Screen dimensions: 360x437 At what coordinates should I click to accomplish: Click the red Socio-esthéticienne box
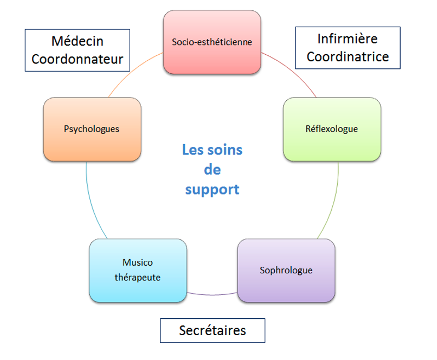212,42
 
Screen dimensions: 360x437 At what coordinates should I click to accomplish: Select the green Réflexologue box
332,129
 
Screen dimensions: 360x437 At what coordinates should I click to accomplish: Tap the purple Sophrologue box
286,269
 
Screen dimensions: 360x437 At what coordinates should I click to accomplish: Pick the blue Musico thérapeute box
138,269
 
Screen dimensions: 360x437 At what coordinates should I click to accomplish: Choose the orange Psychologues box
92,129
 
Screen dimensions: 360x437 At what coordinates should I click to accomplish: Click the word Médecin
78,41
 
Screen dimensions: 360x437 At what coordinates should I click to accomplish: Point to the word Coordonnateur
78,59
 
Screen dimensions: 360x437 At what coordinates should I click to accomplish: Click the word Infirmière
348,39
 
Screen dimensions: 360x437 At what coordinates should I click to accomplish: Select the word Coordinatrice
348,56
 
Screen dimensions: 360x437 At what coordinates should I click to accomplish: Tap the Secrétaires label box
212,330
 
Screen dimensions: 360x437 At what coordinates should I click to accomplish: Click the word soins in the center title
228,150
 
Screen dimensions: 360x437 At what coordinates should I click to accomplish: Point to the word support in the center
212,190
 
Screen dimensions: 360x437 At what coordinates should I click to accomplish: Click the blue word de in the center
212,170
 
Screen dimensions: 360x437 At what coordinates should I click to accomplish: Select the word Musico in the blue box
138,262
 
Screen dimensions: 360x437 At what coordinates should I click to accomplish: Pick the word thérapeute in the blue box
138,277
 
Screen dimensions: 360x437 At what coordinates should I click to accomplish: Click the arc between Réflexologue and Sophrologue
334,201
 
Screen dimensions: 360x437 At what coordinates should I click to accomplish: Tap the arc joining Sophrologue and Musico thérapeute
212,294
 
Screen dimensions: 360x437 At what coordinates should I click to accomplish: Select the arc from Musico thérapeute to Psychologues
90,201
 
